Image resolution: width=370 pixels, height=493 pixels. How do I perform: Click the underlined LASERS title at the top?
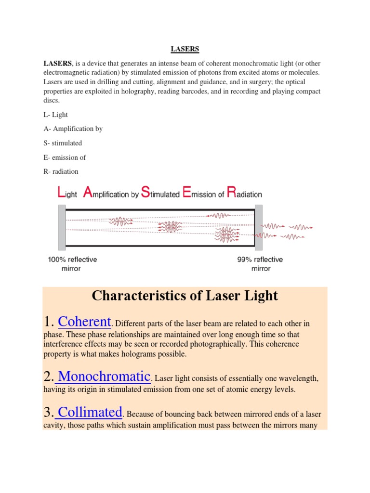185,49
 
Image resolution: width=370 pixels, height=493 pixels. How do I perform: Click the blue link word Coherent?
85,322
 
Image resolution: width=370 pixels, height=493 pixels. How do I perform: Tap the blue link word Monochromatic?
104,376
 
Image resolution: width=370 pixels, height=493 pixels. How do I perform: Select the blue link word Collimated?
89,412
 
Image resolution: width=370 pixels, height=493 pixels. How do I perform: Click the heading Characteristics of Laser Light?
185,296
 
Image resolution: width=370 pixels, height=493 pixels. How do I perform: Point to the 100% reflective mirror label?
72,264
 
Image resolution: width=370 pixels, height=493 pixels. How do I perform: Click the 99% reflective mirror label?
260,264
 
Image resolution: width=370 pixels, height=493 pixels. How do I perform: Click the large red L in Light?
61,193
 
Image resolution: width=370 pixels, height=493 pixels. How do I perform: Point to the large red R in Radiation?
231,193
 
